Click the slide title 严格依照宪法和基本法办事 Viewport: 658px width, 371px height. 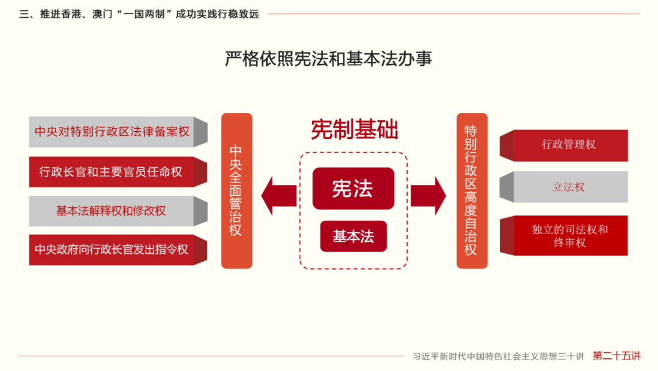[328, 59]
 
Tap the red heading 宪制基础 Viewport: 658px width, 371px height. [354, 129]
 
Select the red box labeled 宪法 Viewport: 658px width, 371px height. [353, 189]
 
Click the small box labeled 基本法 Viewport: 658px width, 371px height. [353, 237]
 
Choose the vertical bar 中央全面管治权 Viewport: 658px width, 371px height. [236, 190]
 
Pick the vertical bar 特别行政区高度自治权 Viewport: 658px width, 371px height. [472, 190]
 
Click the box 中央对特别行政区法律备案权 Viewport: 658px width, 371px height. [112, 132]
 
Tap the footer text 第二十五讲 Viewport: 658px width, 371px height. [617, 356]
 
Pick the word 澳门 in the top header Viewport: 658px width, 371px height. [102, 14]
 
